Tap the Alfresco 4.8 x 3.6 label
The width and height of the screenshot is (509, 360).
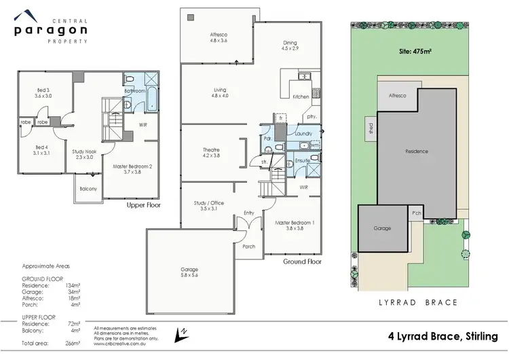[218, 37]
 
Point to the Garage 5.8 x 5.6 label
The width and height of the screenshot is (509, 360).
[189, 272]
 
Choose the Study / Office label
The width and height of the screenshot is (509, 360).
[209, 206]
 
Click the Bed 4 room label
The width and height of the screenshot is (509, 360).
[42, 150]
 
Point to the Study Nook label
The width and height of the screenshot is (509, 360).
[83, 155]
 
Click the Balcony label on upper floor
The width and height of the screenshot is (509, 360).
[88, 188]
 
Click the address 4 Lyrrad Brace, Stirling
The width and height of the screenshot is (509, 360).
[442, 336]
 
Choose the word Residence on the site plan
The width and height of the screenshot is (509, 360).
[416, 151]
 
